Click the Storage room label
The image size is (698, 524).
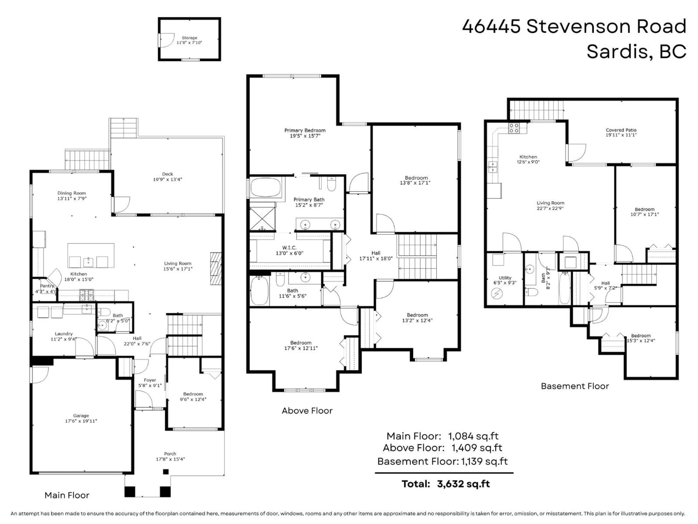pyautogui.click(x=189, y=38)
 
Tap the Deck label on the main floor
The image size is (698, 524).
pyautogui.click(x=168, y=174)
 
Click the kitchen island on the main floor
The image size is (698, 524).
pyautogui.click(x=91, y=255)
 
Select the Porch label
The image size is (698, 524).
pyautogui.click(x=170, y=454)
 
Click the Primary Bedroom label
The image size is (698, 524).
pyautogui.click(x=305, y=130)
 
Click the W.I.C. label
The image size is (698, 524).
pyautogui.click(x=289, y=248)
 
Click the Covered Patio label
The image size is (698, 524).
pyautogui.click(x=621, y=130)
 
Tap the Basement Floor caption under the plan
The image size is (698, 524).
pyautogui.click(x=575, y=386)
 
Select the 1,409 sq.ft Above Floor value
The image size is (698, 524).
pyautogui.click(x=477, y=448)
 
